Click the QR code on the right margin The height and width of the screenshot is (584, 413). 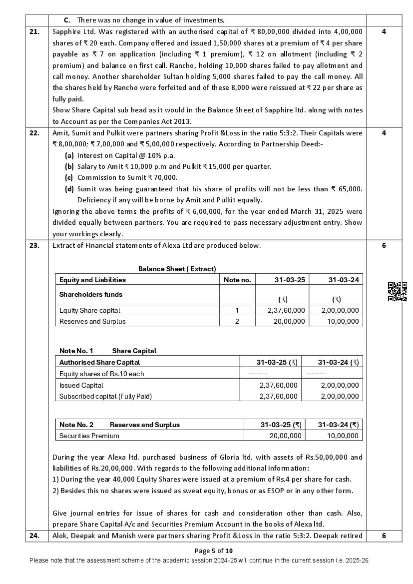click(397, 292)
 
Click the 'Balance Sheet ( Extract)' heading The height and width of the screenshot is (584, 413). click(177, 269)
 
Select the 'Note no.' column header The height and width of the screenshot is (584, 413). click(237, 280)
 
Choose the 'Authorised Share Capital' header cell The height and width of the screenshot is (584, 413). click(99, 362)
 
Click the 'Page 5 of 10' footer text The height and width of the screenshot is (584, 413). click(206, 551)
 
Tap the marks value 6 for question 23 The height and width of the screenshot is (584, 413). click(384, 245)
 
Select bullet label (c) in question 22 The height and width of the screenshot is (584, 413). click(69, 177)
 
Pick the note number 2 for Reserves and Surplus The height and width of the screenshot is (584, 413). click(237, 321)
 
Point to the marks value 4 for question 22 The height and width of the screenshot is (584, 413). click(384, 133)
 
